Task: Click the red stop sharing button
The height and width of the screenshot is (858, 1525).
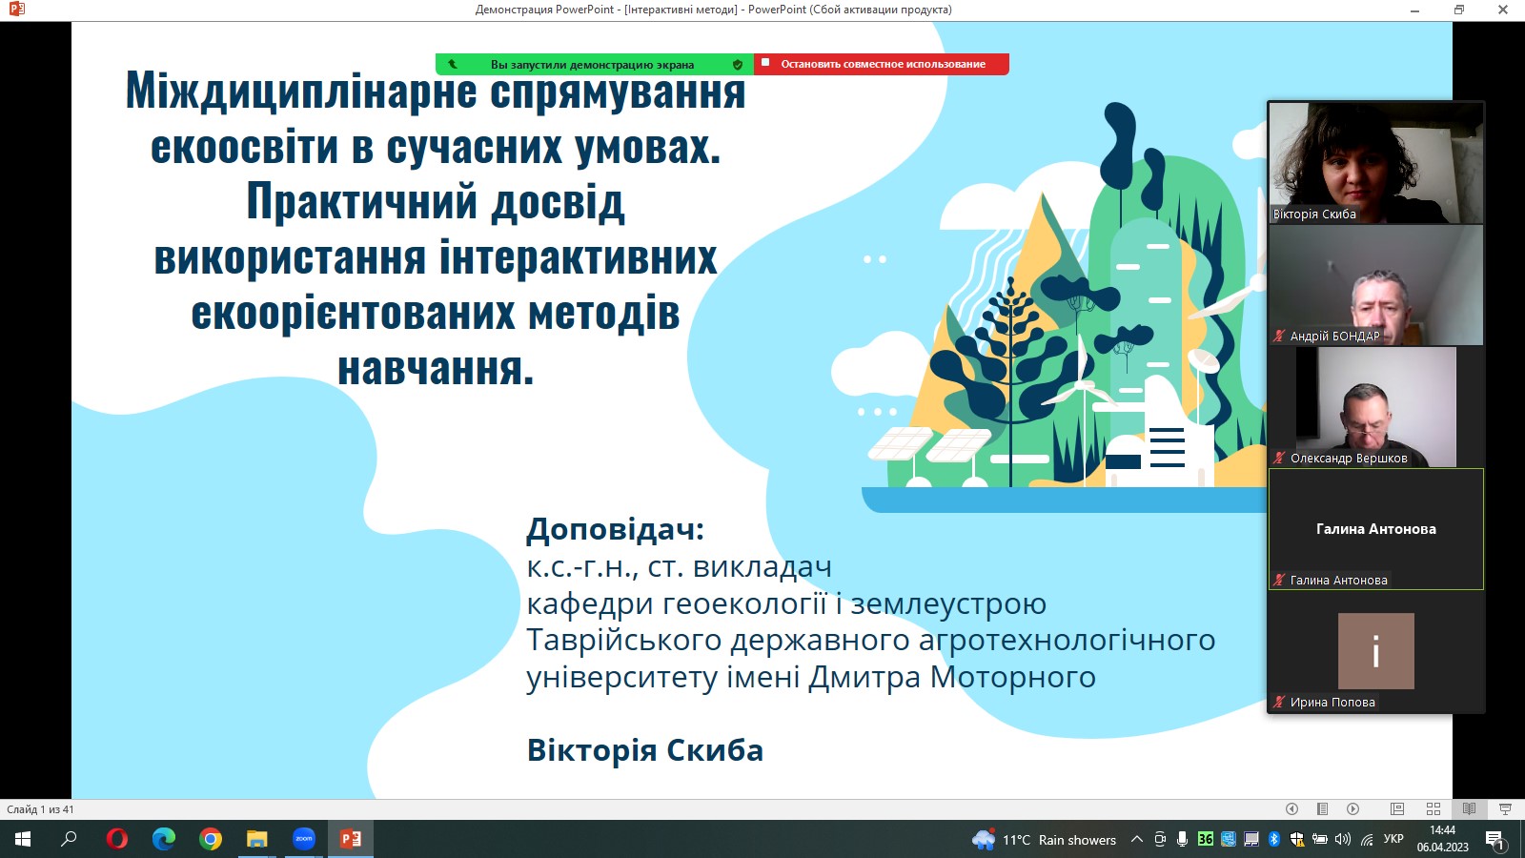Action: click(x=882, y=64)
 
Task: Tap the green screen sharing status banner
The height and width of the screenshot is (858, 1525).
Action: click(x=592, y=65)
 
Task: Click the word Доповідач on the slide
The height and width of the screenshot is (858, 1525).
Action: click(x=615, y=529)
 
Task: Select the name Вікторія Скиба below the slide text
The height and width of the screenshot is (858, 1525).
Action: click(x=645, y=750)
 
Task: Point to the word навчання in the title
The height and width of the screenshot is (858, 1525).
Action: click(x=436, y=369)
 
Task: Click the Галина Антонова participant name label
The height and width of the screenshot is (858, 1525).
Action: click(x=1338, y=580)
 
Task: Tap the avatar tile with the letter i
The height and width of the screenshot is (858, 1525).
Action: click(x=1375, y=651)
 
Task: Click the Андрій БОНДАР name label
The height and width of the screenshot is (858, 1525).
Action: click(x=1334, y=336)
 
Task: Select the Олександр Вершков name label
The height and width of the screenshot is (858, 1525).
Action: click(x=1348, y=458)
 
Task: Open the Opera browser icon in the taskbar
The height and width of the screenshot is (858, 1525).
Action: click(x=117, y=839)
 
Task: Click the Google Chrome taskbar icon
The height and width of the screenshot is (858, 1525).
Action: click(x=211, y=839)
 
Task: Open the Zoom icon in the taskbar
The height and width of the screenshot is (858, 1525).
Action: click(x=304, y=839)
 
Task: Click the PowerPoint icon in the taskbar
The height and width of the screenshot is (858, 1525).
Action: click(x=351, y=839)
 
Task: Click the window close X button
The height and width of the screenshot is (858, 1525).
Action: click(x=1503, y=10)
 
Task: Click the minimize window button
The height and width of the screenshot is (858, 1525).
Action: click(x=1415, y=10)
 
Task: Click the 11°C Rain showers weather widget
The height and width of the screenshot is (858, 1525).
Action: click(x=1045, y=840)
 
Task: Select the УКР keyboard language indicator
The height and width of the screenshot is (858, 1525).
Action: click(x=1393, y=839)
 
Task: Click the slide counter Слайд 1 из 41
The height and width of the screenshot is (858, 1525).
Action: click(x=40, y=809)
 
